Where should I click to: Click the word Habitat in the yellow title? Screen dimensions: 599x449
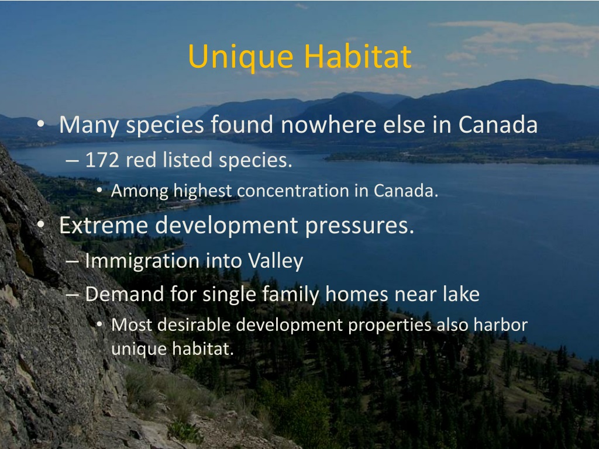358,56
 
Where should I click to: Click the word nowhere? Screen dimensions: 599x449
329,125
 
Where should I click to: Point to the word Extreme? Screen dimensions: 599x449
103,225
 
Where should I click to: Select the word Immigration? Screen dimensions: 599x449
142,261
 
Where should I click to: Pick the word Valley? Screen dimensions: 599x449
276,261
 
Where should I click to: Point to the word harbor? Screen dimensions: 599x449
501,324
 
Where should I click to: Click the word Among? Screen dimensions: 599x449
139,191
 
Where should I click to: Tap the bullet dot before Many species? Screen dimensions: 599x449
41,123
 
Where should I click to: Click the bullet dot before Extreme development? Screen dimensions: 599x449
41,224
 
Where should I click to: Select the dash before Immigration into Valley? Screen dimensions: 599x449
72,261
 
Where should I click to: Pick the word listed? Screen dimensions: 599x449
187,160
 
